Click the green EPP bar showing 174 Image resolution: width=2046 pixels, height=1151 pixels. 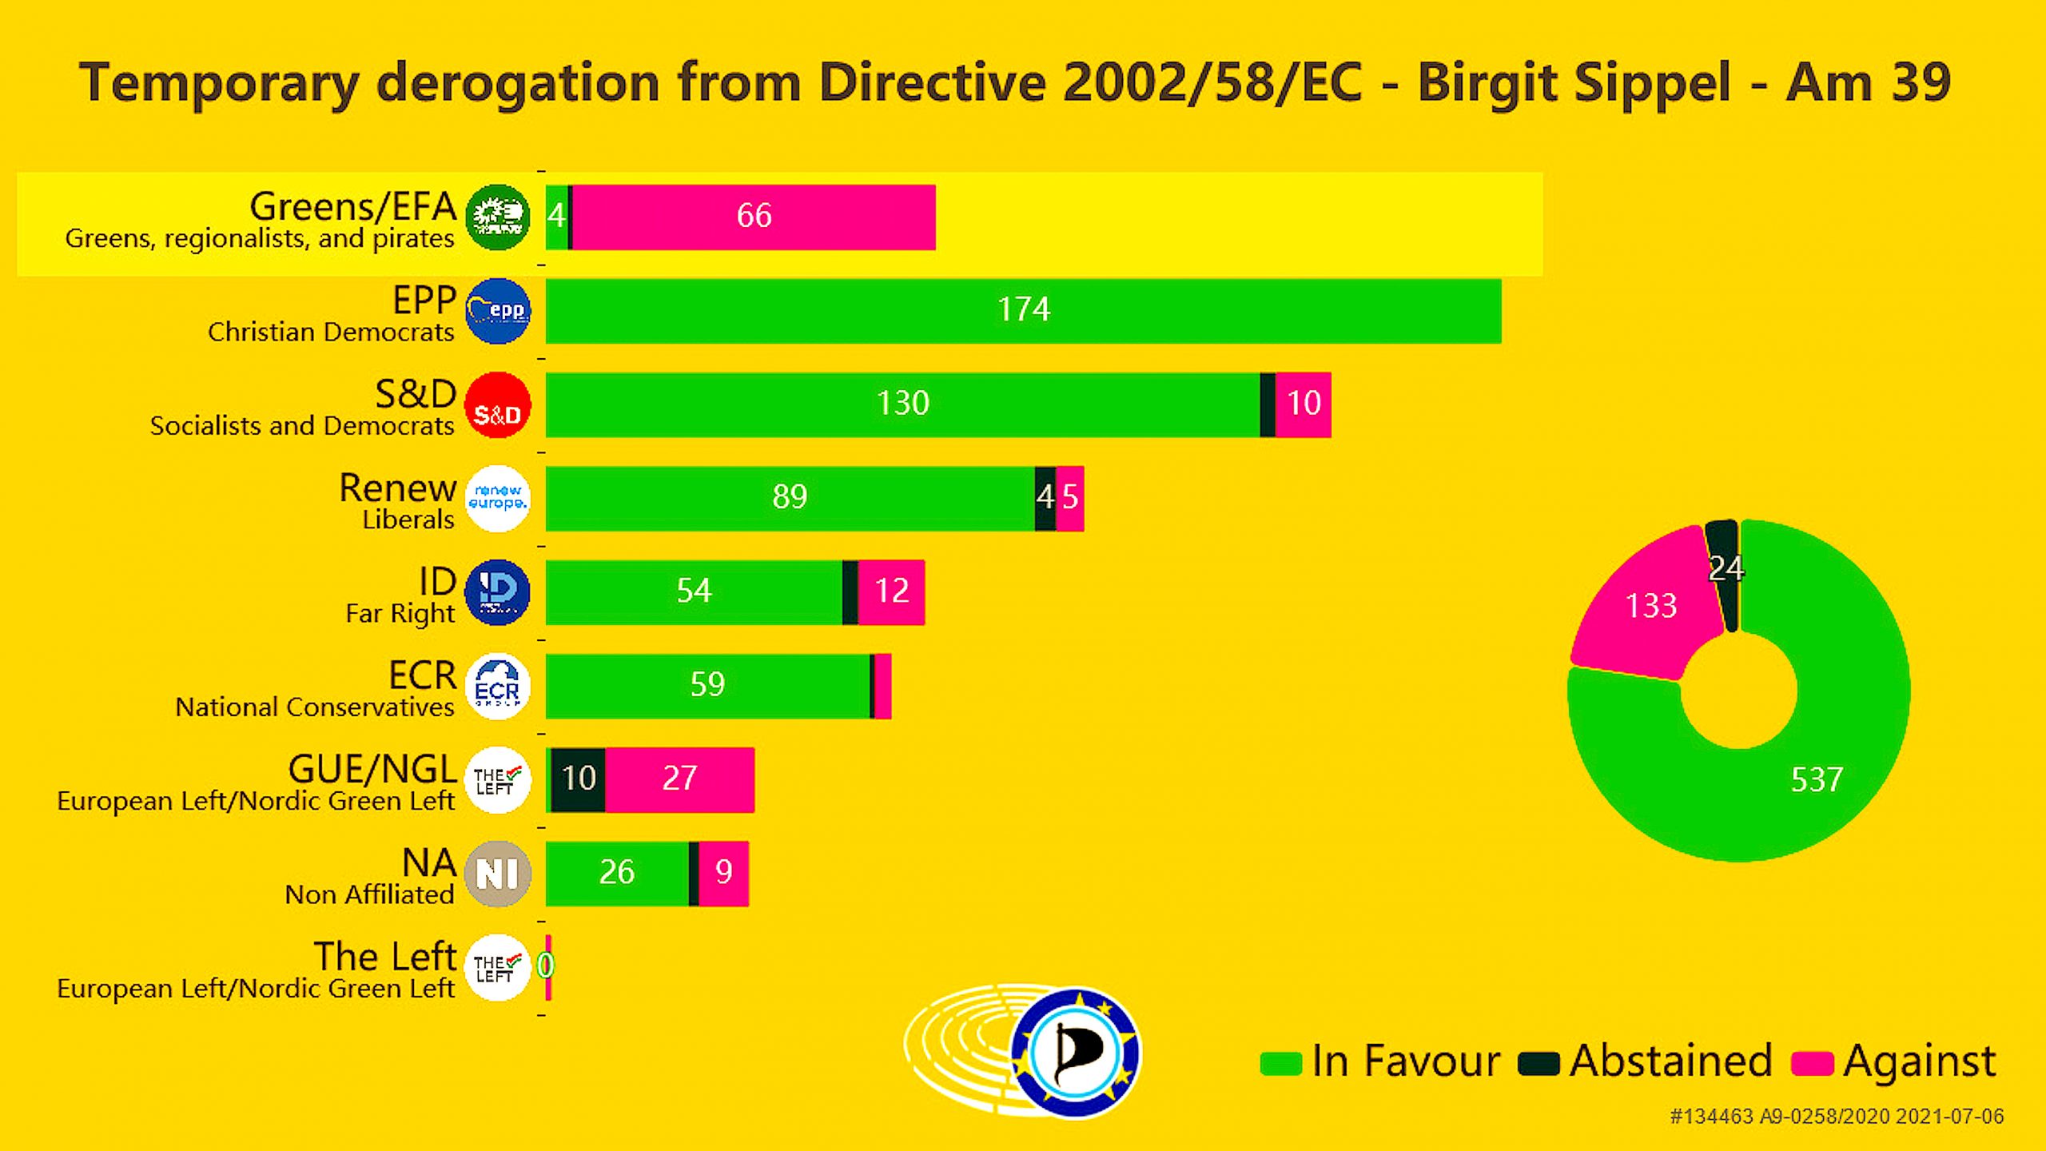(x=1023, y=311)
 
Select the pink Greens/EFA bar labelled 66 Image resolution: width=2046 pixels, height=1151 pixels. (x=753, y=217)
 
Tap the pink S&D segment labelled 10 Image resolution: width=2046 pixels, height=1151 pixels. (x=1303, y=404)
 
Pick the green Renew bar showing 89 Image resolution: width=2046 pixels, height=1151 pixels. (x=790, y=498)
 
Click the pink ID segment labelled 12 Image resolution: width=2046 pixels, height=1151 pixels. (x=891, y=592)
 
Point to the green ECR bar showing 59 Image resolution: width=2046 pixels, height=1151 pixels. (x=707, y=686)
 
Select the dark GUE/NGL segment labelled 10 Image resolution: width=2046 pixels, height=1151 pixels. (x=579, y=779)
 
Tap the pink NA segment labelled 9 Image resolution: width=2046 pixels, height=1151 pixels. (x=723, y=873)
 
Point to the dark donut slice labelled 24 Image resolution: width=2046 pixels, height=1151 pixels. (x=1725, y=569)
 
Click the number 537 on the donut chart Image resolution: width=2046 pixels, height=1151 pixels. (x=1817, y=780)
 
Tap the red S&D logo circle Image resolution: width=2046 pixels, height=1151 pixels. (x=497, y=405)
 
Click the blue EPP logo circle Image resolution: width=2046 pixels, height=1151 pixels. (x=497, y=311)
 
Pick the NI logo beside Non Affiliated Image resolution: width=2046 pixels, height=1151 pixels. (x=497, y=874)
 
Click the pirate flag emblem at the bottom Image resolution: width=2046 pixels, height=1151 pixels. (x=1076, y=1052)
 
